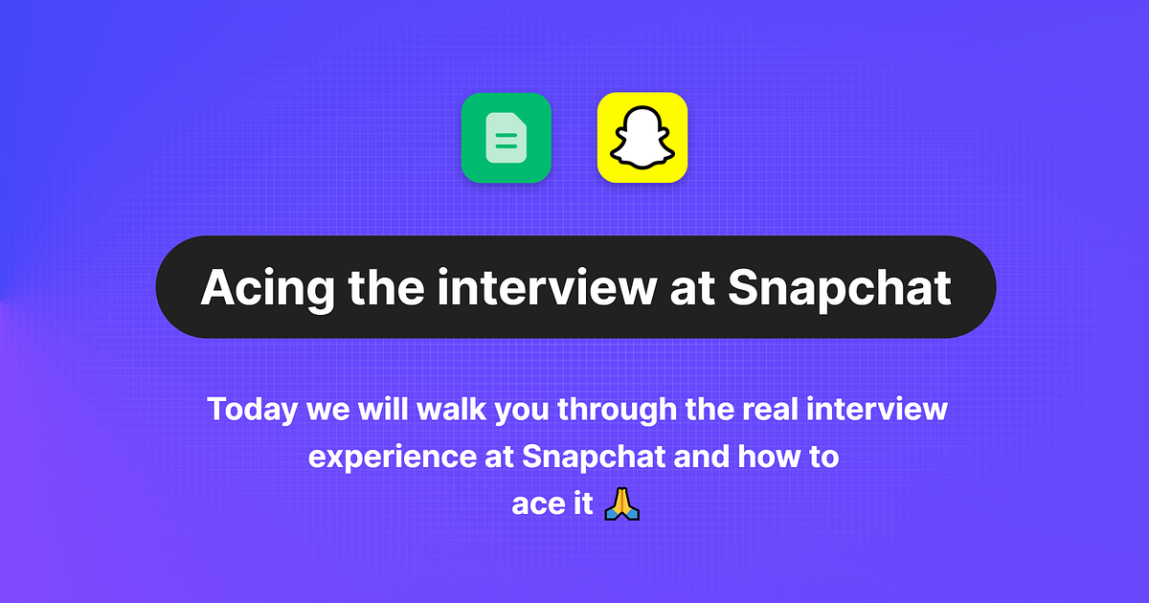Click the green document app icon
coord(506,138)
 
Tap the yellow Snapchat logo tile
coord(642,138)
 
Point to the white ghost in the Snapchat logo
coord(642,139)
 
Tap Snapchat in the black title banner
coord(840,287)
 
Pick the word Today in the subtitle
coord(252,410)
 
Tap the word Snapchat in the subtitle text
coord(594,457)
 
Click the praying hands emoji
coord(621,503)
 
